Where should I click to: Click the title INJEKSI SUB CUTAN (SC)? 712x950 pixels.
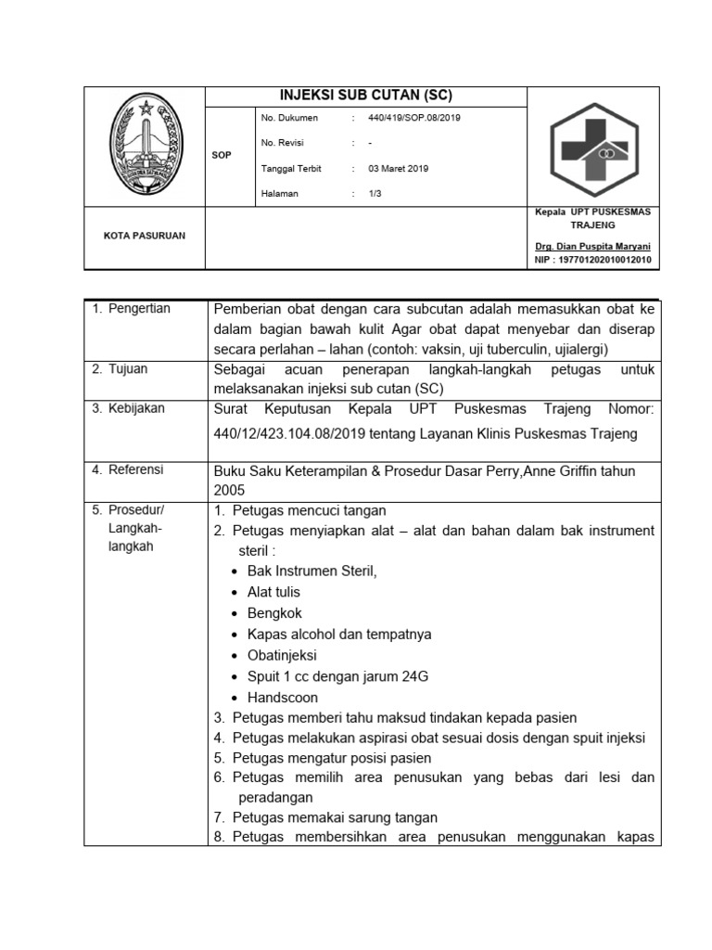point(366,96)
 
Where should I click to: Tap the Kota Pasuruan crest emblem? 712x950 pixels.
point(144,147)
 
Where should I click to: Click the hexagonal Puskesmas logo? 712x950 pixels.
point(592,147)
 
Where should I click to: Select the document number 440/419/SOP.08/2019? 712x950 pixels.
point(414,118)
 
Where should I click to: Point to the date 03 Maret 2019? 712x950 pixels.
point(398,168)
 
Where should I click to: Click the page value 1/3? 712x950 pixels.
point(375,193)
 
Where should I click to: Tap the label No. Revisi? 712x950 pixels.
point(283,143)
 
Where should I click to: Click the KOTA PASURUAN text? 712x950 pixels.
point(144,236)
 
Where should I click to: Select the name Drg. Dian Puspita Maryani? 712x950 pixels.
point(592,247)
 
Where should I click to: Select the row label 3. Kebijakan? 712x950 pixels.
point(131,408)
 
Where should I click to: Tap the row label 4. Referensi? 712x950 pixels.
point(131,469)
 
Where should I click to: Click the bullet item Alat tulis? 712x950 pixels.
point(273,592)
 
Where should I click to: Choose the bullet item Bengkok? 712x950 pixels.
point(274,613)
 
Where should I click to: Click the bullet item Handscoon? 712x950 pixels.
point(283,698)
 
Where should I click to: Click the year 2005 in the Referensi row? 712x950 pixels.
point(229,489)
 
